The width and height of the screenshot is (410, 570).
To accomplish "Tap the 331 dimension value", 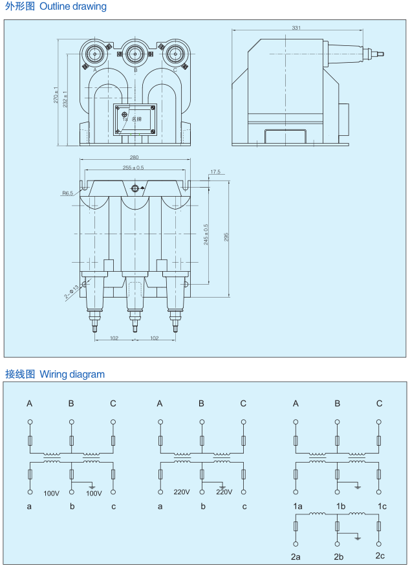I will click(x=296, y=28).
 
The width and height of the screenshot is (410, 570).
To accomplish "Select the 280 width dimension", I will click(x=134, y=157).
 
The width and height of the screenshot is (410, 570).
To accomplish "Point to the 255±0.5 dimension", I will click(x=134, y=168).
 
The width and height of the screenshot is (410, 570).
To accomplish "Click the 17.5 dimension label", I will click(x=215, y=172).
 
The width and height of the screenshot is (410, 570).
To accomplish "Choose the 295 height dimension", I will click(x=226, y=237).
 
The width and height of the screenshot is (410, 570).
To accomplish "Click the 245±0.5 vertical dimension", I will click(x=206, y=235).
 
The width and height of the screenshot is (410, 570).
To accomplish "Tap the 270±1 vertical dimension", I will click(x=56, y=95).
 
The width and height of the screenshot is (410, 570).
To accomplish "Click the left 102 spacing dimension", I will click(x=114, y=338).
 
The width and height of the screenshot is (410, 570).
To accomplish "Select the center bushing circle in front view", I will click(x=135, y=53).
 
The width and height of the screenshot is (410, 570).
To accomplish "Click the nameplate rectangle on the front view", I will click(x=135, y=120).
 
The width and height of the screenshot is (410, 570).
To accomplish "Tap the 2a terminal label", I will click(x=296, y=556).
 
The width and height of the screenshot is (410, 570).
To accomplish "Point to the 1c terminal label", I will click(x=382, y=506).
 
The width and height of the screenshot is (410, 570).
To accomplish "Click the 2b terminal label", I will click(x=338, y=556).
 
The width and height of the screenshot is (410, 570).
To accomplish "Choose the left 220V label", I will click(x=181, y=492).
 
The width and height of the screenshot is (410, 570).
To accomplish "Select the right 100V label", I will click(x=94, y=493).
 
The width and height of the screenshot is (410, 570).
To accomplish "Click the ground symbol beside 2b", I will click(x=358, y=536).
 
